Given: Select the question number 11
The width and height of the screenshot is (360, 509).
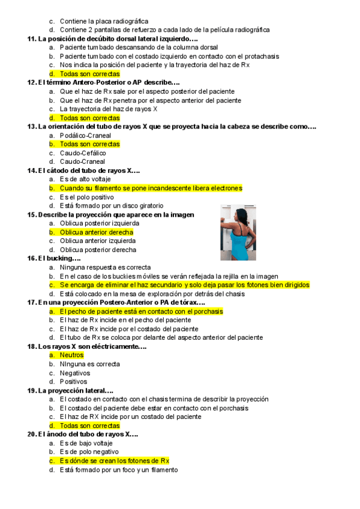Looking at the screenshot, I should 32,39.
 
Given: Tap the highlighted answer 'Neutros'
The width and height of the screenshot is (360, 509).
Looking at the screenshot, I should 71,355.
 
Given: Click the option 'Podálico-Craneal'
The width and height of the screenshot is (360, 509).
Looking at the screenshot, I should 85,136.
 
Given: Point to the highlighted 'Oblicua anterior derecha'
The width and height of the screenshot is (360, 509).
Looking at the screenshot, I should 97,232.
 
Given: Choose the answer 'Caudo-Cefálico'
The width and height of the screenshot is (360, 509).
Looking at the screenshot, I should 82,153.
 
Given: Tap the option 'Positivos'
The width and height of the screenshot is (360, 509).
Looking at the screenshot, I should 73,382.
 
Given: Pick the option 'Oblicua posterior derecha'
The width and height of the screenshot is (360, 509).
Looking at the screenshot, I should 98,250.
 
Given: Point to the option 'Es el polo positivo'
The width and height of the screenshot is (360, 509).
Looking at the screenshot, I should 87,197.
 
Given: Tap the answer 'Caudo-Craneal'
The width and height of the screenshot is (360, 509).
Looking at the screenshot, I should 82,162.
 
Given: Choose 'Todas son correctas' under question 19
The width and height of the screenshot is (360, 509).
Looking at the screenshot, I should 90,426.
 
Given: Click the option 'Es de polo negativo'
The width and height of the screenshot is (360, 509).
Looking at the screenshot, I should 89,452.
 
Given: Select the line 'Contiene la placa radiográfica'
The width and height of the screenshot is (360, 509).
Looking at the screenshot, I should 104,21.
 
